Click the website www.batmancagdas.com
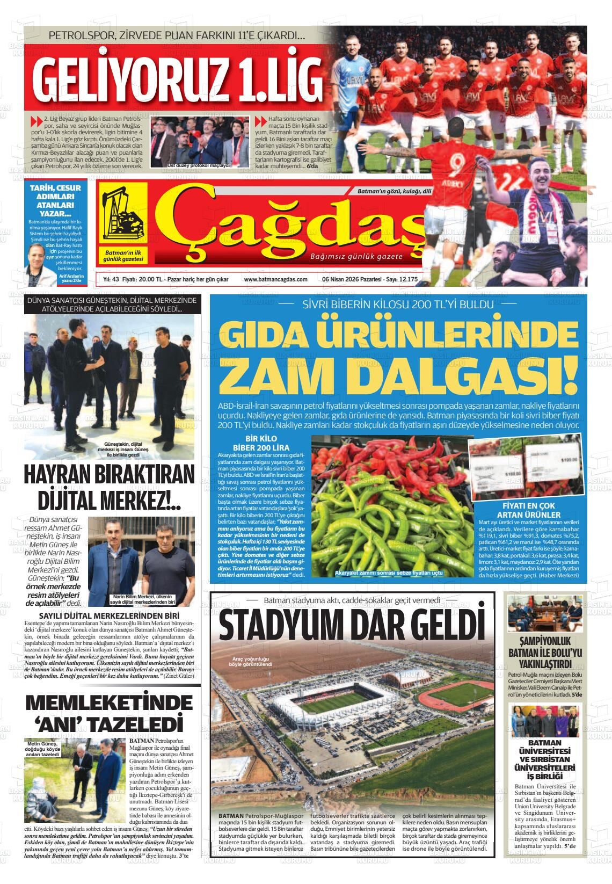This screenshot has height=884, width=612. (275, 279)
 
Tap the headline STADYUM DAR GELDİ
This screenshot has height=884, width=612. (348, 624)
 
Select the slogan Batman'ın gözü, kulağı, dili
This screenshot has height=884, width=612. (395, 191)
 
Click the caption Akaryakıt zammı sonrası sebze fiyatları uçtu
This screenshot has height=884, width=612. (389, 573)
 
